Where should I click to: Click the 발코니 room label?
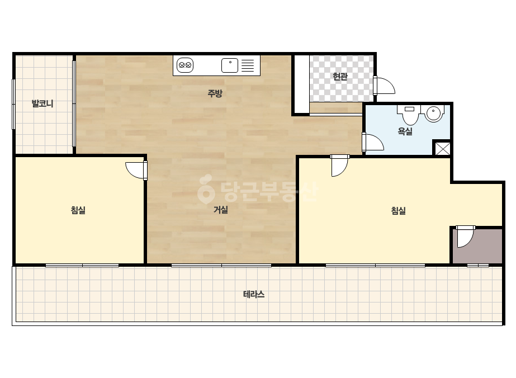pos(42,103)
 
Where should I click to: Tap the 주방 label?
pos(215,93)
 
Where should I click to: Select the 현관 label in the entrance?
pos(340,77)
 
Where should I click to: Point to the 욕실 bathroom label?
pos(405,131)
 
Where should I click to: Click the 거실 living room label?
pos(220,210)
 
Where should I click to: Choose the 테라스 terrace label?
pos(254,294)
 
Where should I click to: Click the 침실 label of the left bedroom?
pos(78,210)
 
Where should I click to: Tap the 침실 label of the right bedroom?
pos(398,210)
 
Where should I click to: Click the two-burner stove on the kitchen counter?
pos(185,65)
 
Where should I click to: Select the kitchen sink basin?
pos(230,65)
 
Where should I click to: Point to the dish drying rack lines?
pos(248,65)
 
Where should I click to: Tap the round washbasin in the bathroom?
pos(433,114)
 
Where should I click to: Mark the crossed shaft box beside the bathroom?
pos(443,149)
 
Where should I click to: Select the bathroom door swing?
pos(375,142)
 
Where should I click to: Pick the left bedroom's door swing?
pos(135,171)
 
